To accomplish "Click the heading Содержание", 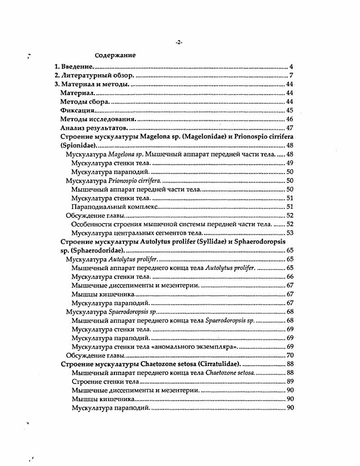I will [115, 55].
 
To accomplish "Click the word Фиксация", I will [77, 110].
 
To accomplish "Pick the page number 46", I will [290, 119].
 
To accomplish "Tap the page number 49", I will [290, 163].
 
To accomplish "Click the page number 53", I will [290, 233].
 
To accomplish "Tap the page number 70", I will [290, 355].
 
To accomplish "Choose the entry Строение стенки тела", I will [99, 381].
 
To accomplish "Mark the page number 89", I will [290, 381].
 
